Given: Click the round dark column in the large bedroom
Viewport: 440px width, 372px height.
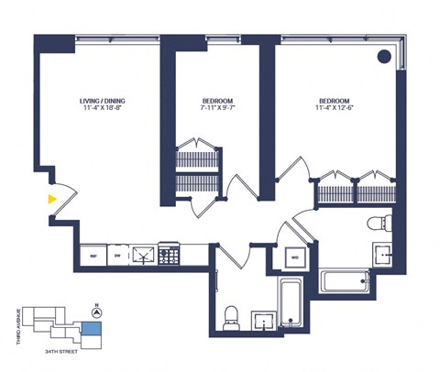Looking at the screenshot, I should click(x=384, y=57).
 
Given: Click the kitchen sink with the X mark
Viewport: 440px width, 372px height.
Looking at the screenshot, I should click(x=143, y=256).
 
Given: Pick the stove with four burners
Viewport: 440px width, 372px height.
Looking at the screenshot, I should click(x=170, y=256).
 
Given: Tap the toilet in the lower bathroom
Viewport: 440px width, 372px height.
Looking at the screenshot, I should click(x=230, y=316).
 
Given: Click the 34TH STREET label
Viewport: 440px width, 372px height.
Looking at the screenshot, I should click(x=57, y=350).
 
